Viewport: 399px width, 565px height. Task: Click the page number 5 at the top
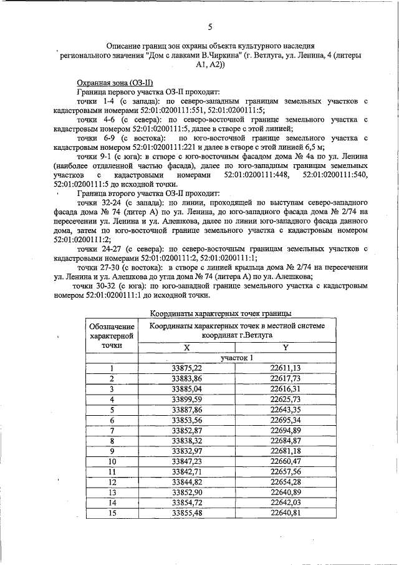[x=210, y=26]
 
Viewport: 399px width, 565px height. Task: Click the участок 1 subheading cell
[x=234, y=358]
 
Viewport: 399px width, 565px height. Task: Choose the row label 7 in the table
[x=112, y=431]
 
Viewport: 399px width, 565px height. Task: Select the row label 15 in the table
[x=112, y=513]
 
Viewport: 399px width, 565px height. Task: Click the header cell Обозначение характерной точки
[x=112, y=336]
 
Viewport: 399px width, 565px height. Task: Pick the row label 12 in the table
[x=112, y=482]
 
